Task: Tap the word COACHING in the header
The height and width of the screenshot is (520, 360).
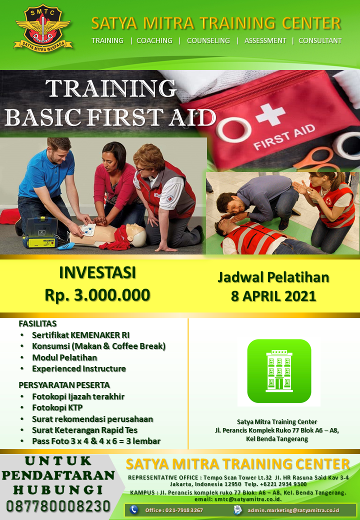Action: pos(154,40)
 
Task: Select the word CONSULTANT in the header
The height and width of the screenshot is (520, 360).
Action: pos(320,40)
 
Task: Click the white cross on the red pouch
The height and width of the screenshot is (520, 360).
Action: pos(270,114)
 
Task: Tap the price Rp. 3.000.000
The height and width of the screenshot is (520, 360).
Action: pos(97,295)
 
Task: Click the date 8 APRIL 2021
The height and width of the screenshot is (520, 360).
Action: pos(273,296)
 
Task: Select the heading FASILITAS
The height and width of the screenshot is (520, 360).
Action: pos(38,323)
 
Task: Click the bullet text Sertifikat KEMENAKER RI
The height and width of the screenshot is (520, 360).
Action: pos(81,335)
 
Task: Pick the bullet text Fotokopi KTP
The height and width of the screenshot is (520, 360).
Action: pos(57,407)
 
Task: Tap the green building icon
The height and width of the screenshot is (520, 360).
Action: pos(279,371)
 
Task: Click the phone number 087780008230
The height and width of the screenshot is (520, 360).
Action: pos(58,506)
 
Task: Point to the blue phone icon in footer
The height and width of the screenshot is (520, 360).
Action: pos(133,509)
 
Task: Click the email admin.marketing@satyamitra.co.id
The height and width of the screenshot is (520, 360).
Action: pos(293,510)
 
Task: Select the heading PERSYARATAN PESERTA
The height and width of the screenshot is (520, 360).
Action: pos(64,385)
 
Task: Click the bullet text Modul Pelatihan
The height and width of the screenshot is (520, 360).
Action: pos(64,357)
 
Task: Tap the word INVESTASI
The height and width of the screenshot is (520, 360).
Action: pos(97,272)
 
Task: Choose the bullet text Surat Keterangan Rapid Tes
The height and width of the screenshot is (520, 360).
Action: pos(84,430)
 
